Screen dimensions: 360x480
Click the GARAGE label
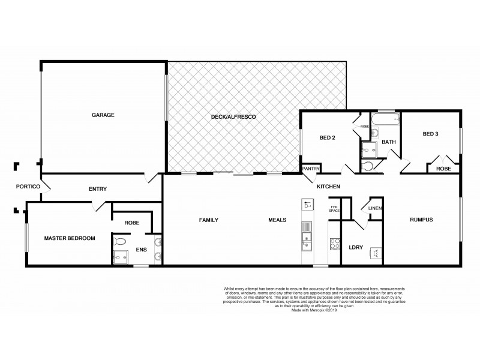103,115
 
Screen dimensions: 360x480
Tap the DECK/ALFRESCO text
233,116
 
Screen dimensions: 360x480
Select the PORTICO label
28,187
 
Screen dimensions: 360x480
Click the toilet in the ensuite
119,242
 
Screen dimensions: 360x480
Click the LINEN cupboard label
376,208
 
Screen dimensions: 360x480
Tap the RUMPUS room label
421,220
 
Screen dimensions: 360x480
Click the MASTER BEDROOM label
70,238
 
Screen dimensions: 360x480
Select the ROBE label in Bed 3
443,169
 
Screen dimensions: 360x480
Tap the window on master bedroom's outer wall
26,238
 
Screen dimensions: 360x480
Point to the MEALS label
277,220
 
